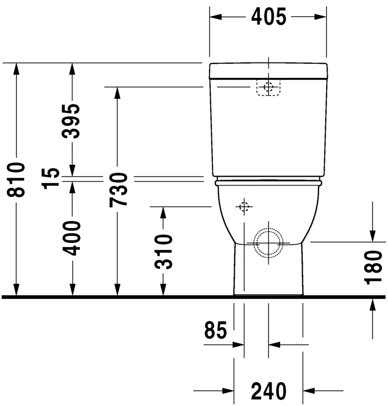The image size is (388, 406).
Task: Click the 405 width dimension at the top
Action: click(268, 17)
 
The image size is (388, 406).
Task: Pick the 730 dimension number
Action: click(118, 189)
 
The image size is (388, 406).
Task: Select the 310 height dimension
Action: click(164, 251)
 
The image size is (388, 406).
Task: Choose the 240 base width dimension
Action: click(268, 390)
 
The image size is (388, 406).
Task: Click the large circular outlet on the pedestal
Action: click(268, 242)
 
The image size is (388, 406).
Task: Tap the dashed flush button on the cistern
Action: click(268, 88)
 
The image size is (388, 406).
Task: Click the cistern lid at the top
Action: click(268, 71)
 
